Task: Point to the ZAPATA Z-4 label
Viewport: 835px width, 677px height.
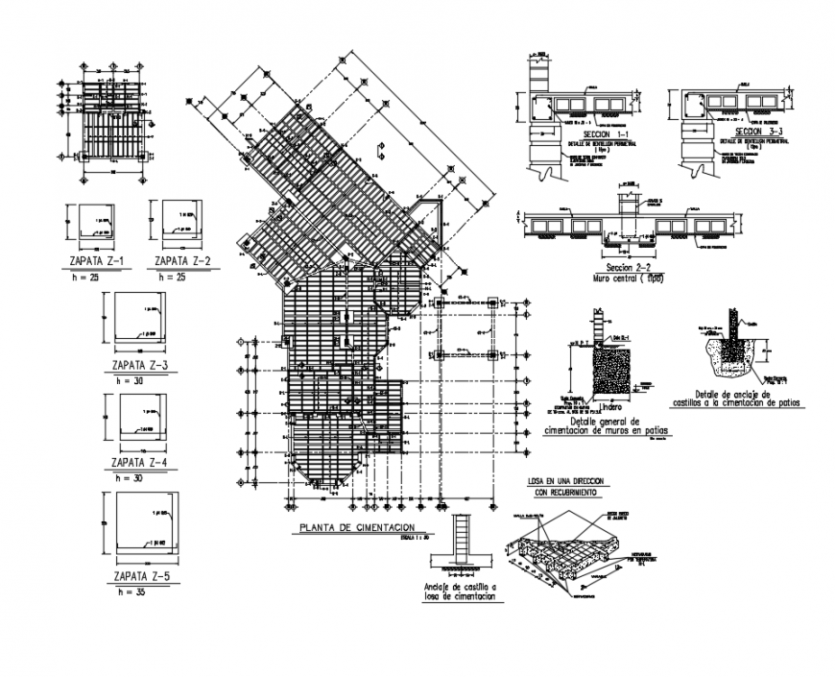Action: click(140, 463)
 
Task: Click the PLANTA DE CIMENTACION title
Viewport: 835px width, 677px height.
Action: click(356, 527)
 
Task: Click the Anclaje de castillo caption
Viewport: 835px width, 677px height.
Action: click(460, 592)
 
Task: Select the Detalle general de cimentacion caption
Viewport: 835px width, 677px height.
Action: click(619, 426)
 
